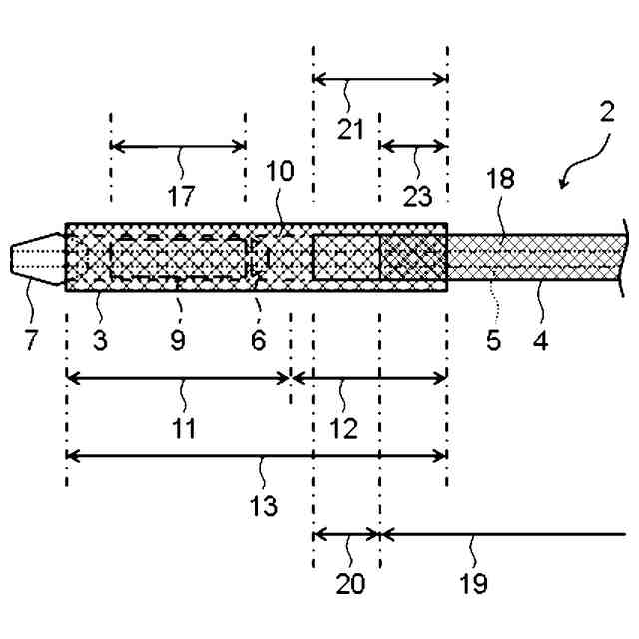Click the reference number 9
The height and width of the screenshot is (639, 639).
point(177,340)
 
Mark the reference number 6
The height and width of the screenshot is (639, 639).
point(258,340)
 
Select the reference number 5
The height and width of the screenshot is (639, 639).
point(492,340)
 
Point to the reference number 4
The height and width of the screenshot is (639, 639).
point(539,340)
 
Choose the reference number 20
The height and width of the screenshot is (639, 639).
point(348,583)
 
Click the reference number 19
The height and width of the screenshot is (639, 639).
point(475,583)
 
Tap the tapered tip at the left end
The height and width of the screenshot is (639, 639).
point(35,260)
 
